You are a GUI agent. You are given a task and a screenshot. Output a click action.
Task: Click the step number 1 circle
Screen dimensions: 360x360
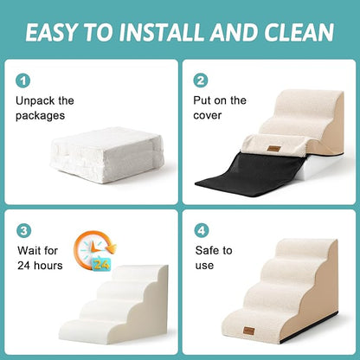23,80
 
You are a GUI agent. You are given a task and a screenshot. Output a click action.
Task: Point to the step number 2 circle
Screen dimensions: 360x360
202,80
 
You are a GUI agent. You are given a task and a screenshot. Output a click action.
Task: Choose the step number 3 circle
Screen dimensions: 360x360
23,230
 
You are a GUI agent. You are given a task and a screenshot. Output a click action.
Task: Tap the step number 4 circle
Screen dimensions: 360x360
202,230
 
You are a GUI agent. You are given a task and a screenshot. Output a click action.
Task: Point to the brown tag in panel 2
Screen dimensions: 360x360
274,149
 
